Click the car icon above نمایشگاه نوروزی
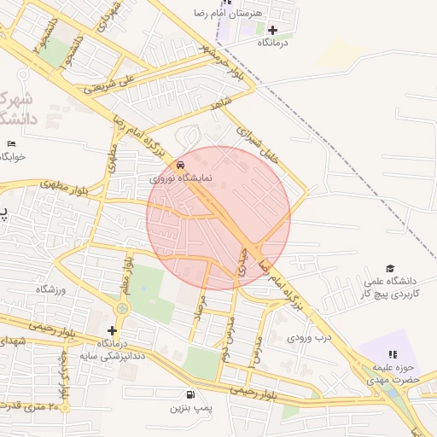click(x=179, y=165)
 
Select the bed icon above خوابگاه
click(x=11, y=143)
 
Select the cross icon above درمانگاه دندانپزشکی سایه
click(x=111, y=330)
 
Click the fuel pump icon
click(x=189, y=394)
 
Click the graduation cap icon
click(x=390, y=269)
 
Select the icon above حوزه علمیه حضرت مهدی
click(x=392, y=354)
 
